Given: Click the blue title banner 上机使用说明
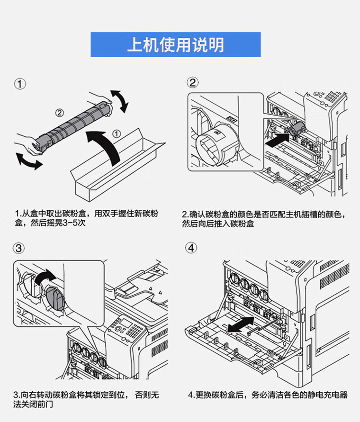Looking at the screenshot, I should (x=175, y=45).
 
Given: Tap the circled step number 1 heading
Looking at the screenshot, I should (x=20, y=84).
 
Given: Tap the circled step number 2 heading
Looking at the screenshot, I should (x=192, y=83).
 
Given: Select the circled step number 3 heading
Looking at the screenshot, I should (x=19, y=248).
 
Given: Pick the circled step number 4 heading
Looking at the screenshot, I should (x=192, y=248).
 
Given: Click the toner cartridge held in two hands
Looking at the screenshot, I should (x=72, y=123).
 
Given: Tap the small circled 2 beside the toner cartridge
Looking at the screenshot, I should (x=59, y=113).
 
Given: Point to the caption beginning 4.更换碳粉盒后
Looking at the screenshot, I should (x=267, y=395).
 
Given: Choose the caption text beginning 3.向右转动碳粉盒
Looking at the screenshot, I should (x=86, y=400).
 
